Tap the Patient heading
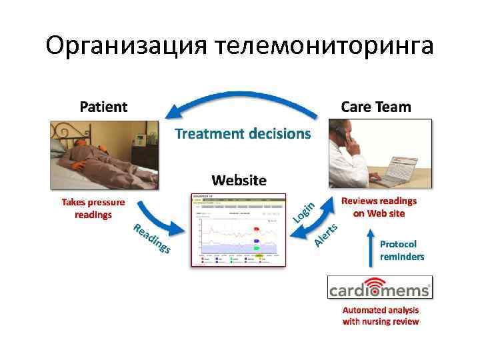click(x=104, y=107)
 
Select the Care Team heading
click(x=376, y=107)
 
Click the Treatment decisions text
click(x=243, y=134)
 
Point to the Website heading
click(x=239, y=180)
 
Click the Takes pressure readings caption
click(x=93, y=208)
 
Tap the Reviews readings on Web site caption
click(x=379, y=207)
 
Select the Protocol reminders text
click(x=402, y=250)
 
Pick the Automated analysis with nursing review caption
click(x=381, y=316)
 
